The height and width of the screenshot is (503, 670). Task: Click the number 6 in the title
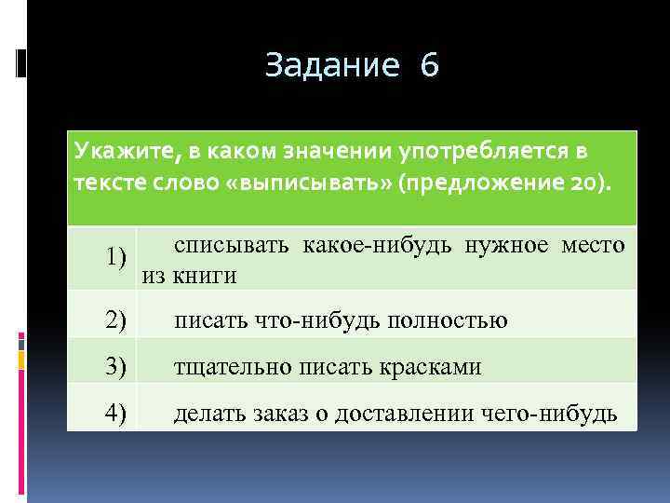coord(429,66)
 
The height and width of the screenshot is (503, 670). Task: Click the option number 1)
coord(115,256)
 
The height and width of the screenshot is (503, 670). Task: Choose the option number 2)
coord(115,320)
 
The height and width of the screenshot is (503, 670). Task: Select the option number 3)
coord(115,366)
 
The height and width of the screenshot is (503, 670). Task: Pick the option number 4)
coord(115,412)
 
